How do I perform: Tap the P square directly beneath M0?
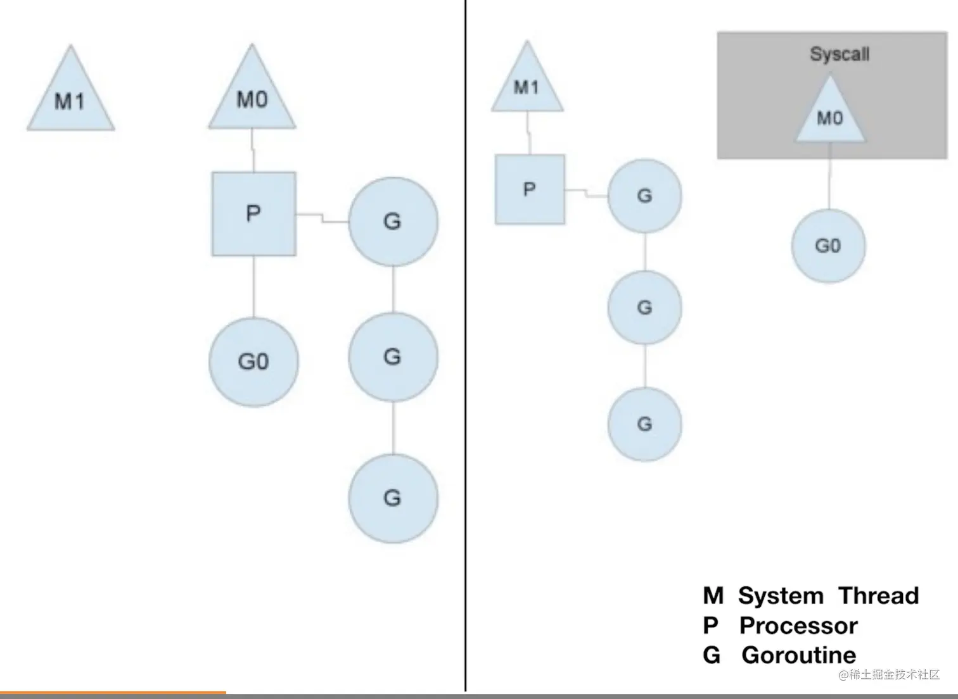253,214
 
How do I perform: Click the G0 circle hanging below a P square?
253,362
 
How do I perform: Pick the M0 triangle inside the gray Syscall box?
830,115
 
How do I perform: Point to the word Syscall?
840,54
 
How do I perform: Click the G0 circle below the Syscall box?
828,246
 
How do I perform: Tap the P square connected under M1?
530,189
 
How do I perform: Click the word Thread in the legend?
878,596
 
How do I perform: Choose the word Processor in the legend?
798,626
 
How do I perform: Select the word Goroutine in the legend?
798,655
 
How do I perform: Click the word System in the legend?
781,596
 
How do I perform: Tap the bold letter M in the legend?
713,596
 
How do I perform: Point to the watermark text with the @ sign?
888,675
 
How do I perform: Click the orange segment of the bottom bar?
113,694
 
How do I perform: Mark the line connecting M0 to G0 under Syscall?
829,184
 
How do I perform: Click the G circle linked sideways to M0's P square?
393,221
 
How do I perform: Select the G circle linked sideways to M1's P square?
644,196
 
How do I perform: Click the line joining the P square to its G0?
254,286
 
